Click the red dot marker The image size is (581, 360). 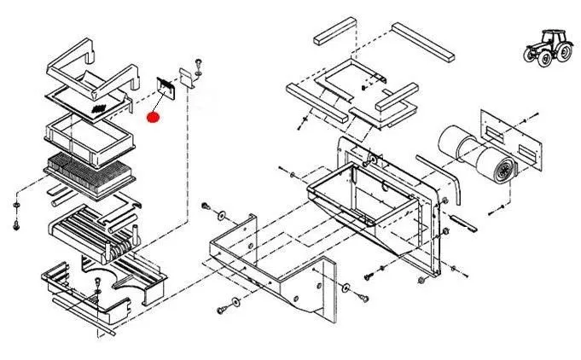(154, 117)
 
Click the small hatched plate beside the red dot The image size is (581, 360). (166, 86)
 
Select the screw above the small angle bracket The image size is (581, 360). (199, 62)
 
